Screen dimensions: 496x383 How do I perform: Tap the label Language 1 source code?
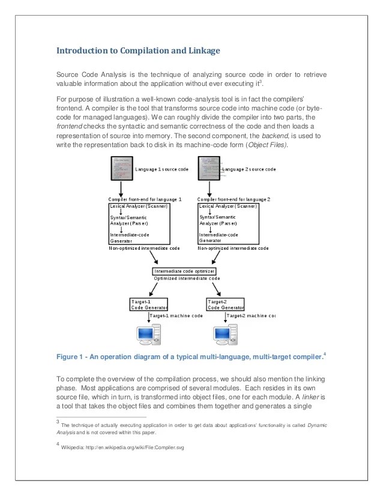pos(161,170)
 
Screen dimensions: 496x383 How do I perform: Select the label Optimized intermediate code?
pos(187,279)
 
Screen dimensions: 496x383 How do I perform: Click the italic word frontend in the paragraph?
pos(70,129)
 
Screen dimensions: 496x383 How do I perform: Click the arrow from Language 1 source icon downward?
pos(121,189)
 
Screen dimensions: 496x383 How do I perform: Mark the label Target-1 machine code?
pos(176,315)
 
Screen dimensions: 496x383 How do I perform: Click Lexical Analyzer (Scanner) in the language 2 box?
pos(232,206)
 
